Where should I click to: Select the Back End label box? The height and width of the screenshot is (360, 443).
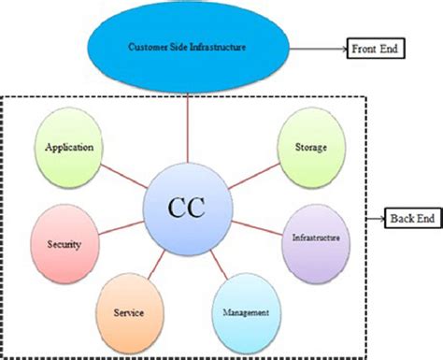[x=414, y=218]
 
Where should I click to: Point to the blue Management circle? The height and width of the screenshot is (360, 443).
[x=247, y=312]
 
